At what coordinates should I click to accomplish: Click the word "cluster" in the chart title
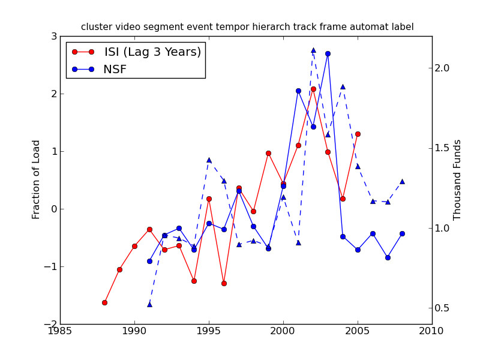(95, 27)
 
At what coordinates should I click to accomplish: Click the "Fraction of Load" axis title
(37, 179)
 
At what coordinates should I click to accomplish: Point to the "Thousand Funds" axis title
(457, 179)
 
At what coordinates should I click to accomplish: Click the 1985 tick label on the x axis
(60, 331)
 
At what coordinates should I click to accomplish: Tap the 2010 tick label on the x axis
(433, 331)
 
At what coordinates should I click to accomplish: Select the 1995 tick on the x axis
(209, 331)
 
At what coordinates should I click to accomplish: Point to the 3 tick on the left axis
(53, 36)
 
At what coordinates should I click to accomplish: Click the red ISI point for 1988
(104, 302)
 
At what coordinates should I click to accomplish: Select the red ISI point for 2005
(358, 134)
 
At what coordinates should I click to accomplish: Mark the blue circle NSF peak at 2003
(328, 53)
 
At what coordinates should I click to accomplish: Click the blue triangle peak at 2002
(313, 50)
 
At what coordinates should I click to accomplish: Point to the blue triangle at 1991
(149, 304)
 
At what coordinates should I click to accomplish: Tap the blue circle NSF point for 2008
(402, 233)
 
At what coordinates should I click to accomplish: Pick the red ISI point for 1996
(224, 283)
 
